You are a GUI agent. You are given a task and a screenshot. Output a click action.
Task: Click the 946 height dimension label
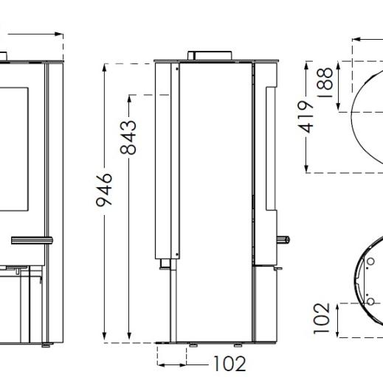[106, 190]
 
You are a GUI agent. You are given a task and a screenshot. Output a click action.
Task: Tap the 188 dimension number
[323, 79]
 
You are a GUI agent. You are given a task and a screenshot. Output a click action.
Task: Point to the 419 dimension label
[307, 116]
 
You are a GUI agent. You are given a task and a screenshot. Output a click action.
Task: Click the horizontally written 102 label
[229, 364]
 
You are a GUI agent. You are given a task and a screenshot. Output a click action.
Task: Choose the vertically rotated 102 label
[320, 318]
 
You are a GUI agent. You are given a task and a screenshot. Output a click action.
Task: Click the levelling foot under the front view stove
[47, 344]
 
